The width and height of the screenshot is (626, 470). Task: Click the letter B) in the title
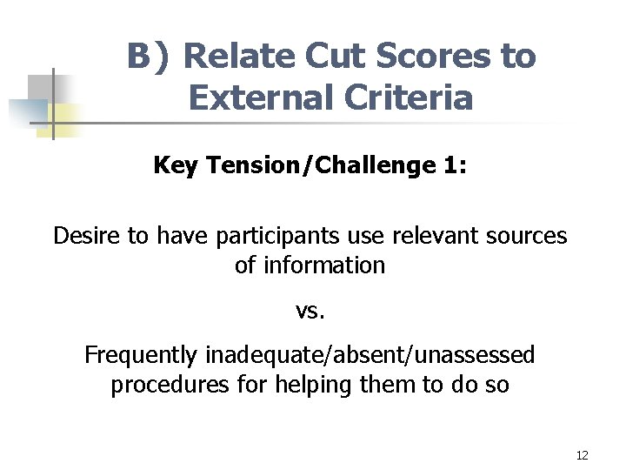pos(150,57)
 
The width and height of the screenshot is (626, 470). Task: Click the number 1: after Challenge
pos(450,165)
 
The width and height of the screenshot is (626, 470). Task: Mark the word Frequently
pos(141,355)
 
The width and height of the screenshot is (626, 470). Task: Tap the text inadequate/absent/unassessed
pos(370,355)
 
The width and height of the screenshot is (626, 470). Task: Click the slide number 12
pos(582,455)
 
